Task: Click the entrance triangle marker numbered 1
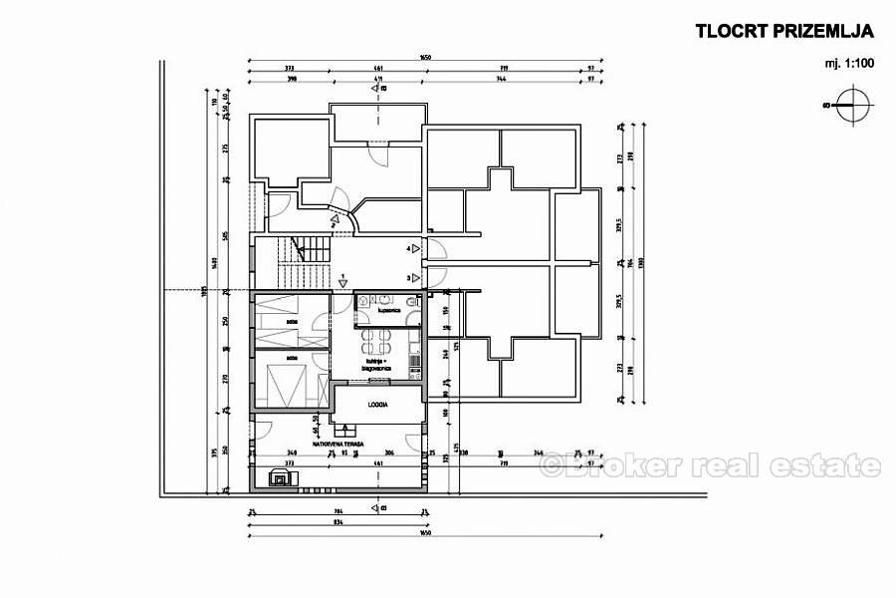tap(341, 281)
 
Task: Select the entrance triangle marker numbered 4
tap(415, 247)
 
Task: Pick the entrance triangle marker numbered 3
tap(415, 278)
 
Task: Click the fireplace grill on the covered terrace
tap(282, 478)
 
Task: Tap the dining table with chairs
tap(375, 346)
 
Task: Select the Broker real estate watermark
tap(711, 464)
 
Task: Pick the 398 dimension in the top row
tap(264, 77)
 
